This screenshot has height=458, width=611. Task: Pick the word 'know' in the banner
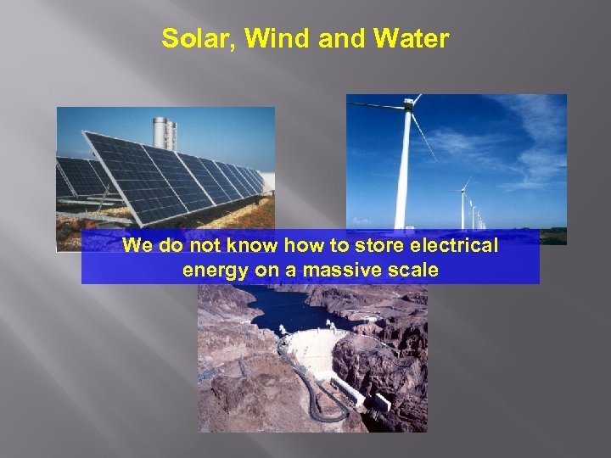pyautogui.click(x=247, y=247)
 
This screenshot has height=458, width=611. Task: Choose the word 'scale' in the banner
pyautogui.click(x=413, y=271)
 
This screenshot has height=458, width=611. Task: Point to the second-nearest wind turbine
pyautogui.click(x=465, y=204)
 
